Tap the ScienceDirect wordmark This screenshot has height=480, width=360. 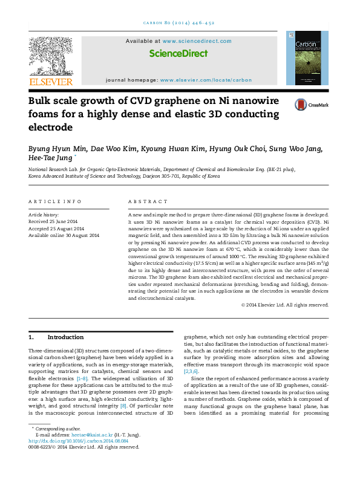(x=178, y=53)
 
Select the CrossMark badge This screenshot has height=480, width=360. (x=310, y=105)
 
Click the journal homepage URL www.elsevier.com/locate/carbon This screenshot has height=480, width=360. (x=205, y=80)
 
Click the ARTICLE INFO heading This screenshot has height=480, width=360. (x=55, y=201)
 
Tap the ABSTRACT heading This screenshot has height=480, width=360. (x=148, y=201)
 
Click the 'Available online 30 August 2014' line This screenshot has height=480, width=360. (x=64, y=235)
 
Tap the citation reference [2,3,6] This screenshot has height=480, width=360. (x=190, y=372)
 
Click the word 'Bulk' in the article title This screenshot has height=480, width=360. (x=43, y=101)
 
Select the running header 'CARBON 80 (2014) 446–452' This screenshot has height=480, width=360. (x=180, y=22)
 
